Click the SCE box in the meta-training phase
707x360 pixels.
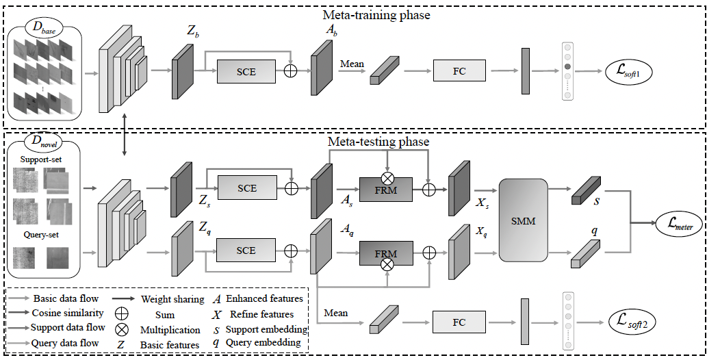click(x=246, y=72)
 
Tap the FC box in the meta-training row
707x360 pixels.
click(x=459, y=70)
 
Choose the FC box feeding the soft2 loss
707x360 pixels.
click(x=459, y=320)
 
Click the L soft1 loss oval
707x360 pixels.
click(x=628, y=70)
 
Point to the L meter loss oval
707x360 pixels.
click(x=678, y=224)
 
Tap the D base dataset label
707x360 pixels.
click(x=42, y=30)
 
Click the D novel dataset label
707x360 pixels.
click(x=42, y=142)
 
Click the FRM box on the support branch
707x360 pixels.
click(x=386, y=188)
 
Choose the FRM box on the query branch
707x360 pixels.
click(x=386, y=255)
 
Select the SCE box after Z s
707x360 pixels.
click(x=246, y=188)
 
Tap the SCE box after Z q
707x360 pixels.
click(x=246, y=251)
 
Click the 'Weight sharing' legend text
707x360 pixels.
click(x=172, y=299)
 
